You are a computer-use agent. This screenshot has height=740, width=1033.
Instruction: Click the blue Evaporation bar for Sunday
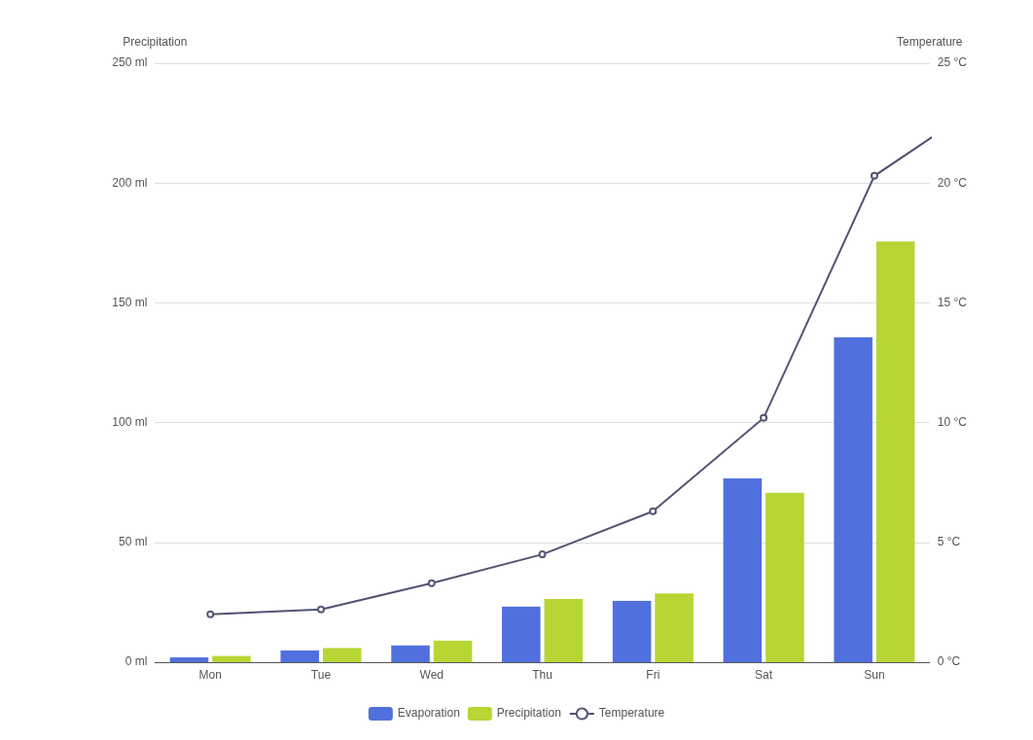click(853, 500)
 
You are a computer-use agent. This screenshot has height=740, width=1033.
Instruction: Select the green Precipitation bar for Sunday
click(895, 451)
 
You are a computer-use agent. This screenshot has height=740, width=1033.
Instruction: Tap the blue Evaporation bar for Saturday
click(742, 570)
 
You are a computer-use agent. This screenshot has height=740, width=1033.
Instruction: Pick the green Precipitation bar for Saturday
click(785, 578)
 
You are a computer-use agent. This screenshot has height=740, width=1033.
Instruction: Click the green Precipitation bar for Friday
click(674, 628)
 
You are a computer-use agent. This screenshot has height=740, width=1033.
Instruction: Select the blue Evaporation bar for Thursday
click(521, 635)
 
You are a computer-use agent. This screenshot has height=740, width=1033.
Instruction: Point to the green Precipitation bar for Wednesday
click(452, 652)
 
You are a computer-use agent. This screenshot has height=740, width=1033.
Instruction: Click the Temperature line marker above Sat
click(764, 418)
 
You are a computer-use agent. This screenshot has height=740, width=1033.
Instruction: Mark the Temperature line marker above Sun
click(874, 176)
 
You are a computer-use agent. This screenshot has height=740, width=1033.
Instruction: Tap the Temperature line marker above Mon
click(210, 615)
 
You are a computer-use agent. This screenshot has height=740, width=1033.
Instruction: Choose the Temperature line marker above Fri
click(653, 511)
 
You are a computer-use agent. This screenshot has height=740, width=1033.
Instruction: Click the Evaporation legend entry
click(413, 713)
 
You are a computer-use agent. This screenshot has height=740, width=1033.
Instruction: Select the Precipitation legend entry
click(514, 713)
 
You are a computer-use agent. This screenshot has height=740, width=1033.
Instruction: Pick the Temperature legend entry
click(617, 713)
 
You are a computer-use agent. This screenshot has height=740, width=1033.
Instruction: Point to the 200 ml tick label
click(129, 183)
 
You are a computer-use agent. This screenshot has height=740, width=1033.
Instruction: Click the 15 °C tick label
click(952, 302)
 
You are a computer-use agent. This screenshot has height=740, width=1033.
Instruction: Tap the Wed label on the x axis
click(432, 675)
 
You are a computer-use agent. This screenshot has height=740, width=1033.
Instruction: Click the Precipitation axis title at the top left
click(155, 42)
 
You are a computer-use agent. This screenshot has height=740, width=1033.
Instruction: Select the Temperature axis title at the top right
click(929, 42)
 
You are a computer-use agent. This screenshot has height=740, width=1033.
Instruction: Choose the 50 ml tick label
click(133, 542)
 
